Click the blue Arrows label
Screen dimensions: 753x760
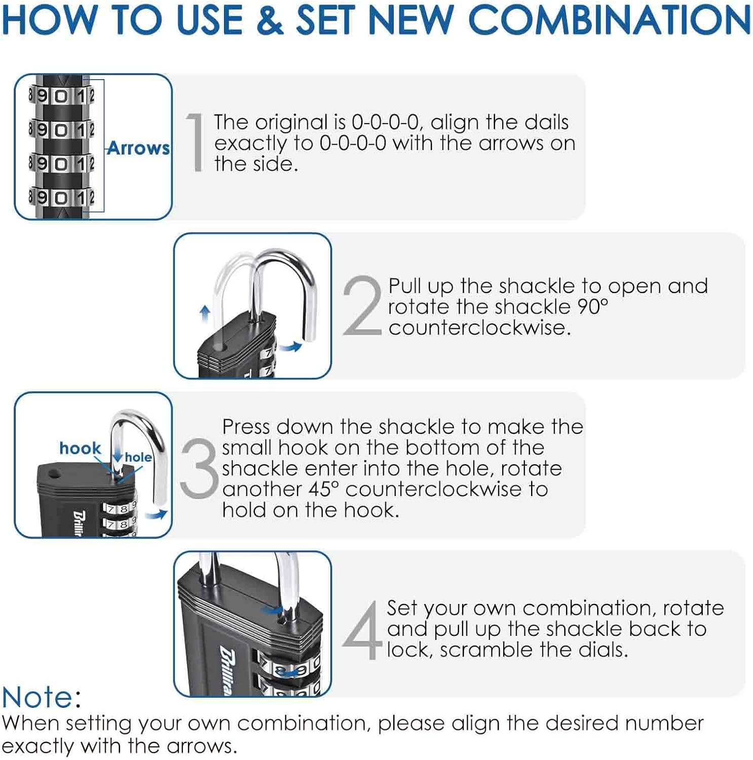138,148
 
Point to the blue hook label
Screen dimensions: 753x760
80,448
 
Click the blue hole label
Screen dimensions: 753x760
138,457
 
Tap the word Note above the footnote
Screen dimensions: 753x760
37,697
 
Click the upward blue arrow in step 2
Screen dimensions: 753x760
205,313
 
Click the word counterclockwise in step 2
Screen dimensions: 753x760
479,328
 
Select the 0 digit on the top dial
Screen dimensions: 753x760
61,95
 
